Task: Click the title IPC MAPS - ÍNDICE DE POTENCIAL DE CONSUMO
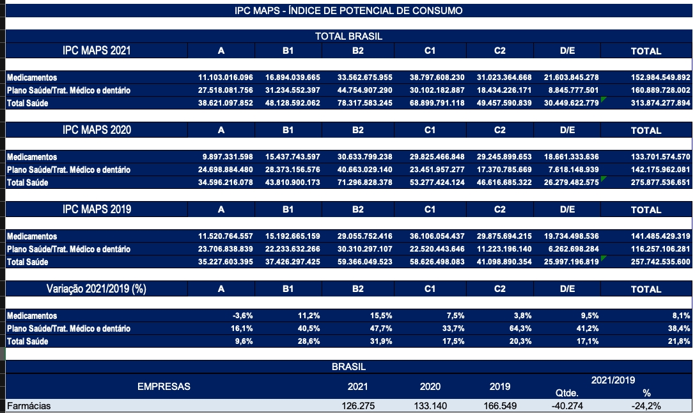click(x=348, y=11)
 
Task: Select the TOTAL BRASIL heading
click(x=348, y=36)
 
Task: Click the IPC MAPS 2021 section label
click(x=97, y=51)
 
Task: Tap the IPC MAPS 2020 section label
click(x=97, y=130)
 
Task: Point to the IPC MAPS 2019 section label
click(x=97, y=209)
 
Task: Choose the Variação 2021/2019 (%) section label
click(x=97, y=289)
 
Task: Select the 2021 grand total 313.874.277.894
click(x=660, y=103)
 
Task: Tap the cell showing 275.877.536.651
click(x=660, y=182)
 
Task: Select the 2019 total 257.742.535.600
click(x=660, y=262)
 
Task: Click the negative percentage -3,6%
click(x=243, y=316)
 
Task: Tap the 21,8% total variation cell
click(x=679, y=341)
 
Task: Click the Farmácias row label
click(x=28, y=406)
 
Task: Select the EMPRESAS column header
click(x=164, y=387)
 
